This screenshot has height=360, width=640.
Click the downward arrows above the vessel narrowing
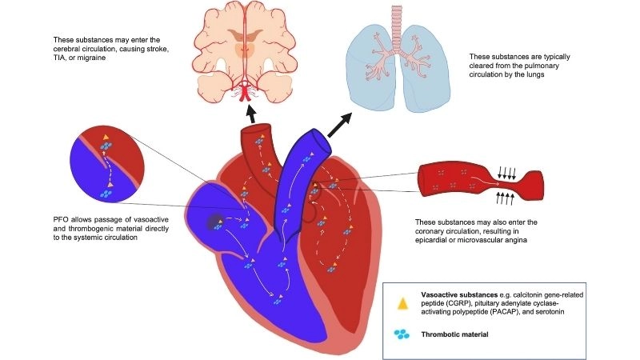507,169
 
